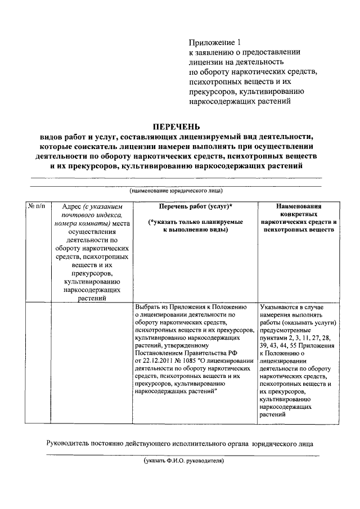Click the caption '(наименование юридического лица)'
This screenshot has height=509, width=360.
(x=176, y=192)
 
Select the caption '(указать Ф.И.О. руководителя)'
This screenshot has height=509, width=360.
(x=184, y=460)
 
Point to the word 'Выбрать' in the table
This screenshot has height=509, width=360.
(x=149, y=307)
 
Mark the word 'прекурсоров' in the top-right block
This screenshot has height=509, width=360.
(x=215, y=92)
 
